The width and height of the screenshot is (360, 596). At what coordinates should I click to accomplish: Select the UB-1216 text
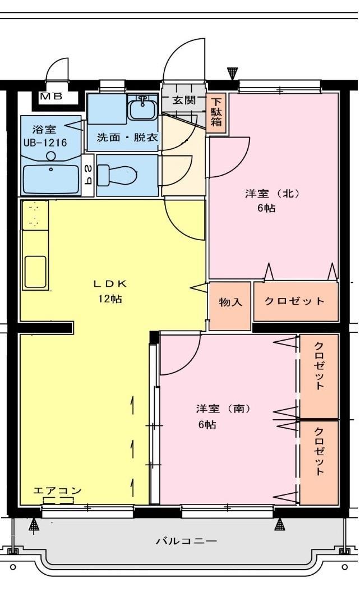click(45, 143)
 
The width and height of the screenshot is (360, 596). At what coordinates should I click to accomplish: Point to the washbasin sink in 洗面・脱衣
click(144, 107)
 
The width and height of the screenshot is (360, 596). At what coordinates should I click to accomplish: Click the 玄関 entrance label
click(183, 101)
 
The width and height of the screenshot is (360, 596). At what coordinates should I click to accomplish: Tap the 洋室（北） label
click(273, 194)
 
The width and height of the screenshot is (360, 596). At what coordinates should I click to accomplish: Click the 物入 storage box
click(230, 302)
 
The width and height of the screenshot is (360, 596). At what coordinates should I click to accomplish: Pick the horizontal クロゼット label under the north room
click(294, 301)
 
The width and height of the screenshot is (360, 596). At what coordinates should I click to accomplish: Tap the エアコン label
click(57, 490)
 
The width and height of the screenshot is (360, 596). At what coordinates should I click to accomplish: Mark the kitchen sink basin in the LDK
click(35, 271)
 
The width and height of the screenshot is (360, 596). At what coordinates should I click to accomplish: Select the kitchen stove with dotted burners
click(35, 216)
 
